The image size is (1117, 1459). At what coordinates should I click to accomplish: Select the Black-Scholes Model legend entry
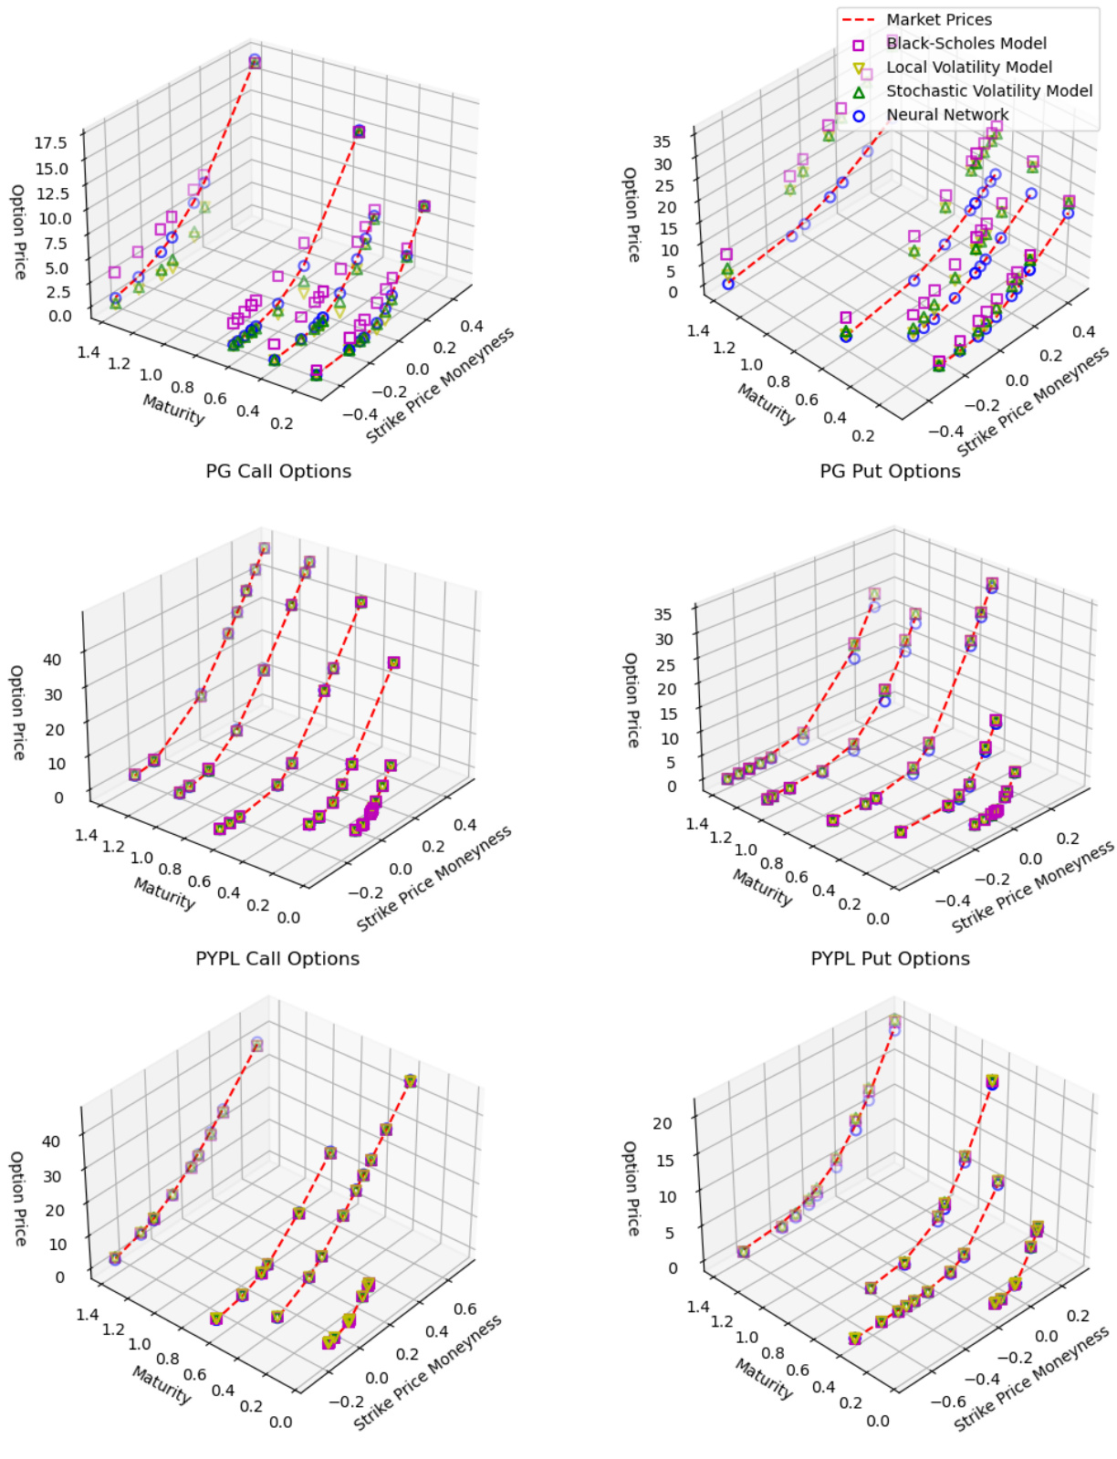(x=966, y=43)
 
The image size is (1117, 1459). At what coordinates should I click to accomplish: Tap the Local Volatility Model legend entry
(x=968, y=67)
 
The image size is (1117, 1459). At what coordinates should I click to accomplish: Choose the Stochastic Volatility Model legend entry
(x=988, y=90)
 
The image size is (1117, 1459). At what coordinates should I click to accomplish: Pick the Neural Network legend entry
(x=947, y=114)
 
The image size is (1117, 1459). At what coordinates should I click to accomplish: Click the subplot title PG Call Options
(x=278, y=471)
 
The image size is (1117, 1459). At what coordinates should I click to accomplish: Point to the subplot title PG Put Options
(x=890, y=471)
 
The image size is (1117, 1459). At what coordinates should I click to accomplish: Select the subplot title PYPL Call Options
(x=277, y=958)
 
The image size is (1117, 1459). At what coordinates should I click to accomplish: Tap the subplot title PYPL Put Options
(x=890, y=958)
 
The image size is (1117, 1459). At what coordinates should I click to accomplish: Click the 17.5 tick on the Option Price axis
(x=51, y=142)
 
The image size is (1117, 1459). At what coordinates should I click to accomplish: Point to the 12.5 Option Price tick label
(x=51, y=193)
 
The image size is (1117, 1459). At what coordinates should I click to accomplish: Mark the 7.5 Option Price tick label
(x=55, y=243)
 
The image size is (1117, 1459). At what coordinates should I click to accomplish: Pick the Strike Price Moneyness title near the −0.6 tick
(x=1031, y=1380)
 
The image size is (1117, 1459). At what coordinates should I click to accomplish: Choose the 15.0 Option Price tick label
(x=51, y=168)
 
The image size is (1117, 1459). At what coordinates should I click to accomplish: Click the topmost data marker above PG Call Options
(x=255, y=61)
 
